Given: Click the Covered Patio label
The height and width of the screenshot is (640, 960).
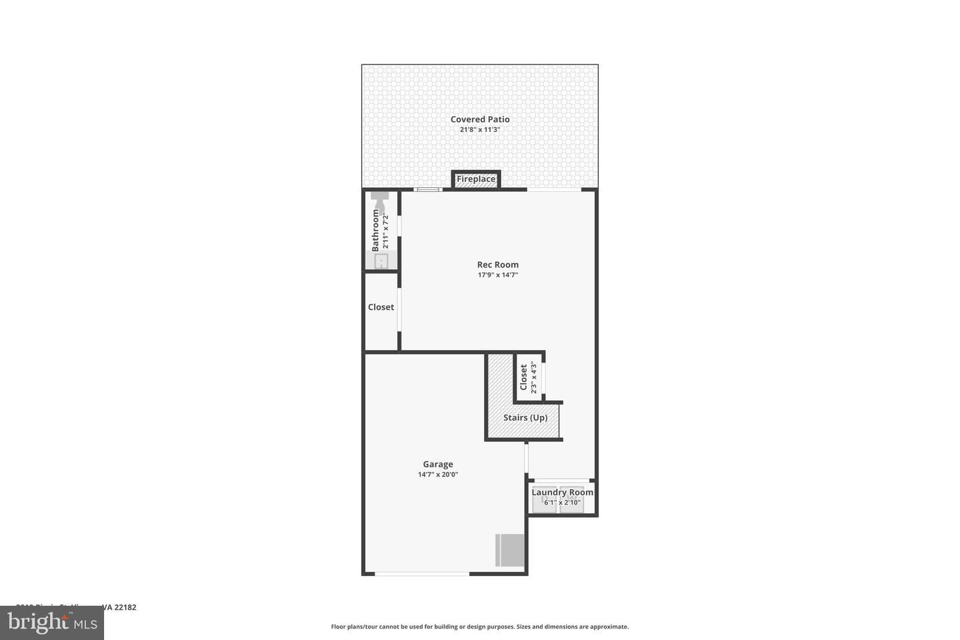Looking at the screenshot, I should [480, 119].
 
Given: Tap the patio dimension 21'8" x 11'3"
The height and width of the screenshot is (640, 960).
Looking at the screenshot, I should [480, 130].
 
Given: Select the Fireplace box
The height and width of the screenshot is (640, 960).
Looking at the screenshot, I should [476, 179].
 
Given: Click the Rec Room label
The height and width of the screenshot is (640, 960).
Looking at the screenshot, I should [497, 265].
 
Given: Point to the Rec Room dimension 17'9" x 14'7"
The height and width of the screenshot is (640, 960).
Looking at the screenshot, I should [497, 275].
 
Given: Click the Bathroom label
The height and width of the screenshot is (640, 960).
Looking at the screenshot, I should [375, 230].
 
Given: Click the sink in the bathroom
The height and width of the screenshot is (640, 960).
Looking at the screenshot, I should [381, 261].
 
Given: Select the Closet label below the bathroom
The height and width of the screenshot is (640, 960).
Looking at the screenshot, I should [381, 307].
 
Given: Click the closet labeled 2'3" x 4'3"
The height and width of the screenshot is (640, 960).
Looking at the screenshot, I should [529, 377].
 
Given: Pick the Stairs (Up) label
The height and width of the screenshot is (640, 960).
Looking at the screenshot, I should [525, 418].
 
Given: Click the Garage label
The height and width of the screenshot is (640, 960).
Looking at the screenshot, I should [438, 465].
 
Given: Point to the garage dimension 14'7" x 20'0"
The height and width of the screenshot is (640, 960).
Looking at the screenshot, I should [438, 475].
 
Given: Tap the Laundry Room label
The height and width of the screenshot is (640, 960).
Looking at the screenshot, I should [562, 493].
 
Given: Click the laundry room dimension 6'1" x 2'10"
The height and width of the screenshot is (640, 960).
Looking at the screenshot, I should [562, 503].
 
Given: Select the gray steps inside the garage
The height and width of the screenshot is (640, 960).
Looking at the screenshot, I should [511, 550].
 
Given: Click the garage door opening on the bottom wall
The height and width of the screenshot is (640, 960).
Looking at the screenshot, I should [422, 573].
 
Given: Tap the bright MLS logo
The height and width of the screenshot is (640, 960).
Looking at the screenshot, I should [51, 623].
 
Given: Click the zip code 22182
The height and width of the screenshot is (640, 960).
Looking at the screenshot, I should [125, 607].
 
